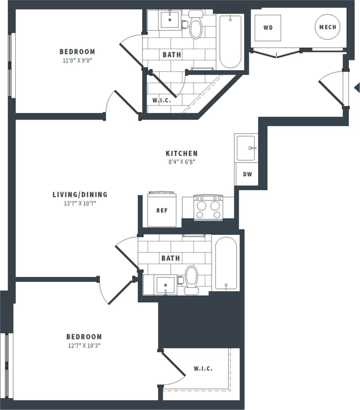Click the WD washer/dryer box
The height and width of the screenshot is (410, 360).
pyautogui.click(x=268, y=28)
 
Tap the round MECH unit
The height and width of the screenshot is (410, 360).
pyautogui.click(x=327, y=27)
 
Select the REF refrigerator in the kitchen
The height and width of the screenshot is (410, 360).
pyautogui.click(x=162, y=210)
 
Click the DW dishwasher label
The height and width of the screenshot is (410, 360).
pyautogui.click(x=247, y=174)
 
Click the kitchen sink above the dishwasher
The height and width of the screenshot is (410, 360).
pyautogui.click(x=246, y=148)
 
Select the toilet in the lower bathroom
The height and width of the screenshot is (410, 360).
pyautogui.click(x=191, y=279)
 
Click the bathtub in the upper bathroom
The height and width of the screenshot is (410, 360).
pyautogui.click(x=231, y=41)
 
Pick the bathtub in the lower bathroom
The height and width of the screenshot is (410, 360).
pyautogui.click(x=226, y=263)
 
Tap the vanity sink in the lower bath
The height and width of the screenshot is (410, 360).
pyautogui.click(x=166, y=285)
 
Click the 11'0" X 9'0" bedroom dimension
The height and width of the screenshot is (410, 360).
pyautogui.click(x=78, y=60)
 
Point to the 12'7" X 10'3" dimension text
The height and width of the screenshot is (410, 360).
pyautogui.click(x=84, y=346)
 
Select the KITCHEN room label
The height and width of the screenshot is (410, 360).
pyautogui.click(x=182, y=154)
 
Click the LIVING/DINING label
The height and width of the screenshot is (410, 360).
pyautogui.click(x=80, y=195)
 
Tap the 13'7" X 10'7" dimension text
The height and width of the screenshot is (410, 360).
pyautogui.click(x=80, y=203)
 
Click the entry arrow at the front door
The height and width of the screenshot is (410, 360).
pyautogui.click(x=356, y=87)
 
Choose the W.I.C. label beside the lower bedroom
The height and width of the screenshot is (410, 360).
pyautogui.click(x=203, y=368)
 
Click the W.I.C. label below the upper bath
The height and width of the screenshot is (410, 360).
pyautogui.click(x=162, y=100)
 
